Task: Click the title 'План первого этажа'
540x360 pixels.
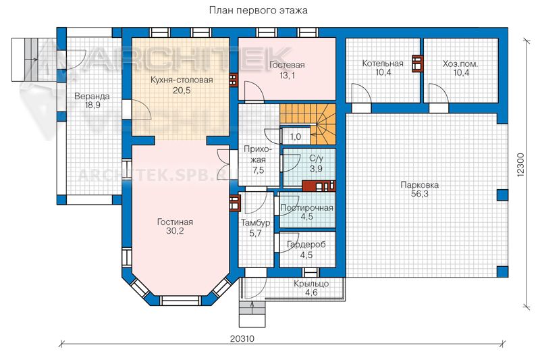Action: tap(259, 10)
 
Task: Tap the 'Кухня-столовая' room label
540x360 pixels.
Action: tap(182, 80)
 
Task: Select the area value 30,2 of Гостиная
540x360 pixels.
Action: tap(175, 231)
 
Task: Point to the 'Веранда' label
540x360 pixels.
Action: tap(92, 97)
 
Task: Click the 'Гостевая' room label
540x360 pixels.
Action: tap(287, 65)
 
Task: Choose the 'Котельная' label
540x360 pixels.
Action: tap(383, 63)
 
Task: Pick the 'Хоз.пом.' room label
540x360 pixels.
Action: tap(460, 63)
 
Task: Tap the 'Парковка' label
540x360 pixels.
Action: tap(419, 185)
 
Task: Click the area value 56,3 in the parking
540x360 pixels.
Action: tap(419, 194)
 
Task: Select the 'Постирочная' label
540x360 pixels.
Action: tap(307, 208)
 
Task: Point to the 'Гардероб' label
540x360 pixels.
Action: tap(306, 245)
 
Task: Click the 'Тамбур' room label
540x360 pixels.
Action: tap(255, 223)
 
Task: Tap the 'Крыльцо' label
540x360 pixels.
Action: tap(311, 284)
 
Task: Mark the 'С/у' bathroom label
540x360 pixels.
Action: tap(316, 159)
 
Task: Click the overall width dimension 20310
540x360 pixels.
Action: tap(242, 338)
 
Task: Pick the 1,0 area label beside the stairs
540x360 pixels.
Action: tap(296, 136)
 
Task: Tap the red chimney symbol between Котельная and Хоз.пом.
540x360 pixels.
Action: tap(417, 63)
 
